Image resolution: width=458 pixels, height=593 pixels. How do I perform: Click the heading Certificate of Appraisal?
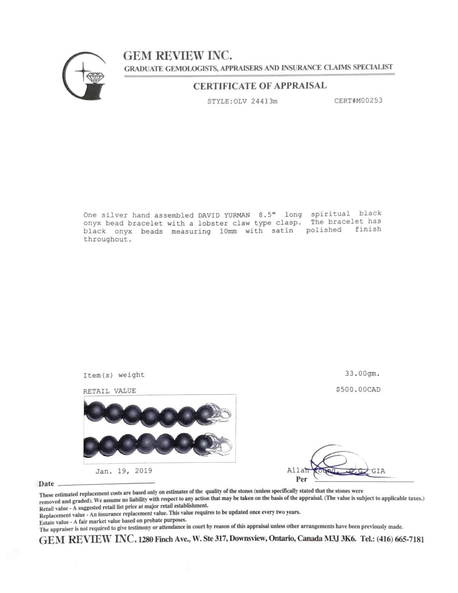pos(260,86)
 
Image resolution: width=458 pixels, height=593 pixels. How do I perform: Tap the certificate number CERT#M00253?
pos(358,101)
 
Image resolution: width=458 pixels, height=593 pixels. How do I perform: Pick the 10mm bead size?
pos(228,231)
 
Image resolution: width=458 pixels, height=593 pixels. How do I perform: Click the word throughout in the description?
pos(106,240)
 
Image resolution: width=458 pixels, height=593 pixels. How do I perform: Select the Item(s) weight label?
pos(114,375)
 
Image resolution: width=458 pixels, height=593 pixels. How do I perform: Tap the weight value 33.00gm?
pos(362,374)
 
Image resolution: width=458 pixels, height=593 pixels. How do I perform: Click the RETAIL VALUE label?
pos(110,391)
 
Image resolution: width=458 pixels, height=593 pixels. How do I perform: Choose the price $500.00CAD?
pos(358,389)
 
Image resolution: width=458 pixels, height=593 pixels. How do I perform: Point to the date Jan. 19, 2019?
pos(124,471)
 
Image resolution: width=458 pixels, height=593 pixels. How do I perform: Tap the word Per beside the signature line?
pos(301,479)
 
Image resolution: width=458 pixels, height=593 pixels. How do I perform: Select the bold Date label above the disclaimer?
pos(46,484)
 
